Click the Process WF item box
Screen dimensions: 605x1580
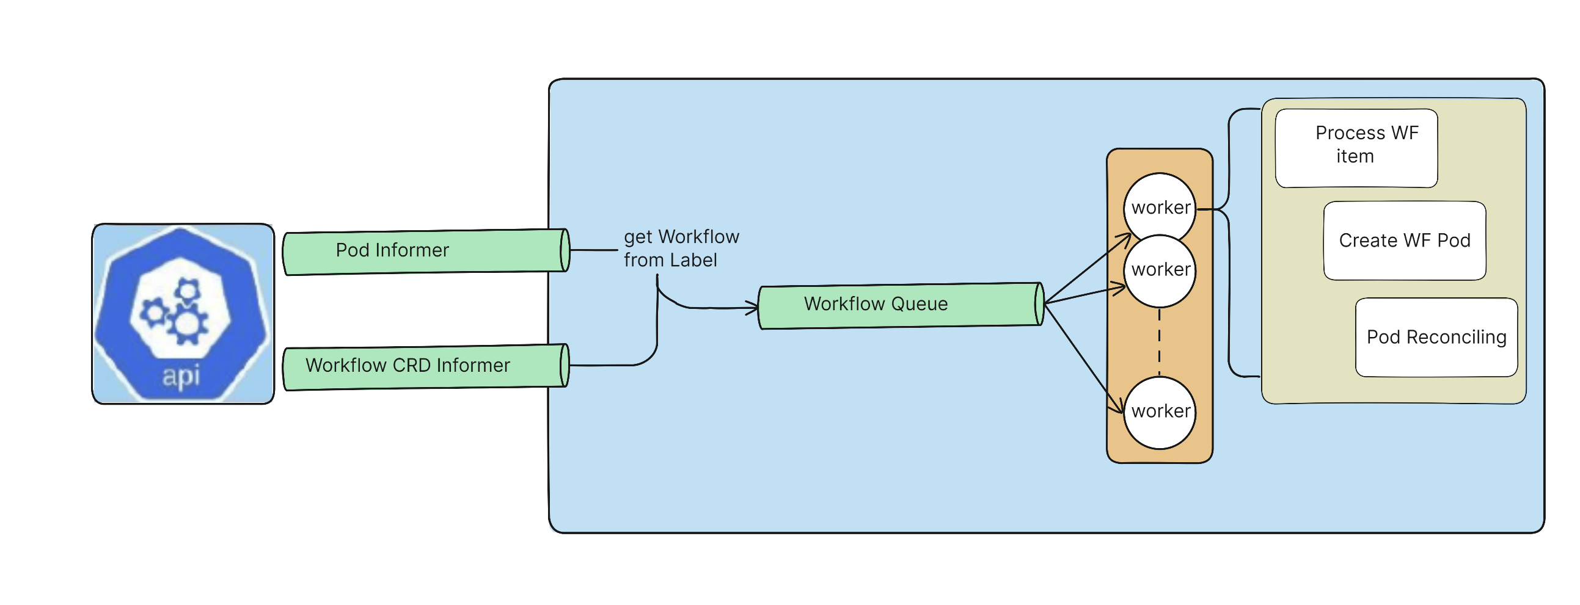click(x=1356, y=148)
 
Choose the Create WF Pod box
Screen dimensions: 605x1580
click(x=1404, y=241)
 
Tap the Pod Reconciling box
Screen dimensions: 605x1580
click(x=1436, y=337)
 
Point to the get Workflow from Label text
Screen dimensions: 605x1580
click(x=680, y=248)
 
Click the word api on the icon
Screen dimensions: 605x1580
click(x=181, y=375)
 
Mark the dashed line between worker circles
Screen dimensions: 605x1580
click(x=1158, y=343)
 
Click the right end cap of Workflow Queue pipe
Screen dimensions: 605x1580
click(x=1039, y=304)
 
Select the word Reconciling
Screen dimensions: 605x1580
click(x=1456, y=338)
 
